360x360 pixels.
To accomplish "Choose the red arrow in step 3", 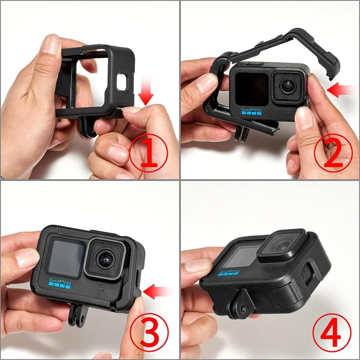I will tap(157, 291).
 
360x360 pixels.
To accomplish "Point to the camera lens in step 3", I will tap(105, 258).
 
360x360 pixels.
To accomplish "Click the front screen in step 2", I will tap(251, 89).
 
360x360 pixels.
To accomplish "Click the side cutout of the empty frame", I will tap(122, 84).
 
